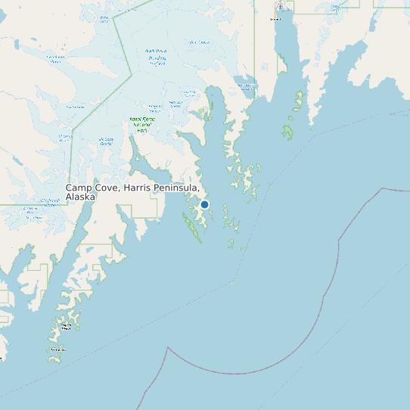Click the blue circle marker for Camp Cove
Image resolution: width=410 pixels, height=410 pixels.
click(204, 204)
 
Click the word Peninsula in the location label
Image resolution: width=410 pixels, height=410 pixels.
click(181, 188)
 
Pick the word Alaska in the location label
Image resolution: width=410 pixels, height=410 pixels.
click(81, 197)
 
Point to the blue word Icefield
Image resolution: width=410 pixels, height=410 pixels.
click(157, 64)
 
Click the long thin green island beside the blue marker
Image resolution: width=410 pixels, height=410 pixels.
click(191, 226)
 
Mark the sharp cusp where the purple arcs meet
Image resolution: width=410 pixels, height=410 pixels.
click(166, 348)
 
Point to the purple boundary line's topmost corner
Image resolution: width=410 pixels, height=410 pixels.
click(383, 188)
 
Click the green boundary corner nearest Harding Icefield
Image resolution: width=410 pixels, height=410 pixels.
click(132, 73)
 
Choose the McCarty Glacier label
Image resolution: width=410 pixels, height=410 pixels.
click(107, 141)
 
